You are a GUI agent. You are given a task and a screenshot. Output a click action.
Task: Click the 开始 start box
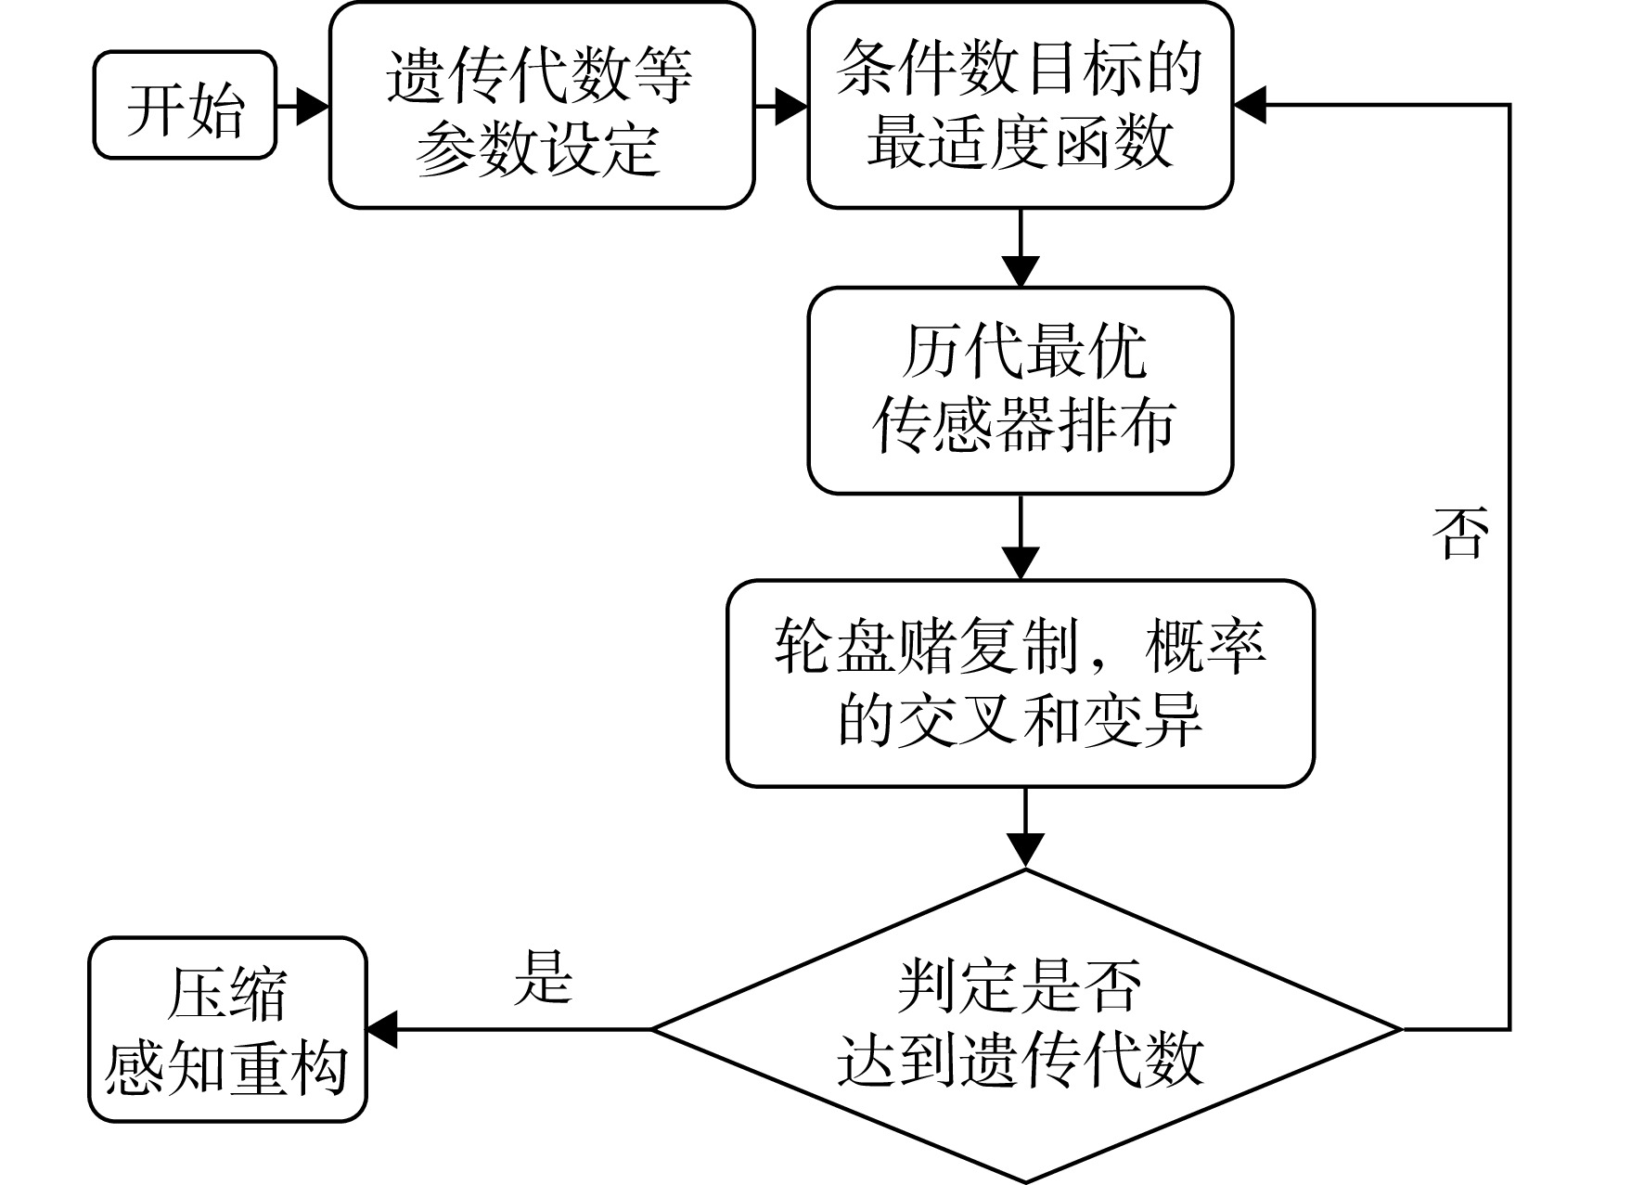[x=186, y=105]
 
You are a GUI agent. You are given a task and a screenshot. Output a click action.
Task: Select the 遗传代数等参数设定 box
[x=542, y=105]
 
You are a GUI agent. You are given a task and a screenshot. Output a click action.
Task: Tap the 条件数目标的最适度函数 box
[x=1021, y=105]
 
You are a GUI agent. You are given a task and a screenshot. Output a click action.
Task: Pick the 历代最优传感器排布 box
[x=1021, y=391]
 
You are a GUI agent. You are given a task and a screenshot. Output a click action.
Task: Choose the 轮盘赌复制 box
[x=1021, y=684]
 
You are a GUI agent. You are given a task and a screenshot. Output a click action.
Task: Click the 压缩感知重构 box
[x=228, y=1029]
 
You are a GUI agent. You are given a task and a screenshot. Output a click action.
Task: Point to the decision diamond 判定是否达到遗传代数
[x=1026, y=1027]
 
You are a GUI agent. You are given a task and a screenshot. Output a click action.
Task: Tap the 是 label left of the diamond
[x=544, y=976]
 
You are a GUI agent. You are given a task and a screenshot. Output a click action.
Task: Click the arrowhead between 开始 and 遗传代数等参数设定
[x=313, y=106]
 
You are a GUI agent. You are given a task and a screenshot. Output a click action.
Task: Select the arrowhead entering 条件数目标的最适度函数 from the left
[x=790, y=106]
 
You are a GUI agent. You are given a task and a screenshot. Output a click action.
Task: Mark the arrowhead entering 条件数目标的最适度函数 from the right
[x=1251, y=105]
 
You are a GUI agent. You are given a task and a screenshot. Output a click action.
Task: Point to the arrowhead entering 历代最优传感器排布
[x=1021, y=271]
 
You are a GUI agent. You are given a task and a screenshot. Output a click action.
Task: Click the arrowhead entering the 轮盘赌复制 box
[x=1021, y=564]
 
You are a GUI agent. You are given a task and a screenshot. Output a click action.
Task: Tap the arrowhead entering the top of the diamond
[x=1026, y=852]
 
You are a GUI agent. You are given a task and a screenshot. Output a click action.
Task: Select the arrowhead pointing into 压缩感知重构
[x=384, y=1029]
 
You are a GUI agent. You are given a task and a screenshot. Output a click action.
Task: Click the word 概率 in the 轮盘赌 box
[x=1205, y=646]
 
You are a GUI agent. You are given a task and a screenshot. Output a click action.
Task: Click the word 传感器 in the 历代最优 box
[x=962, y=426]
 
